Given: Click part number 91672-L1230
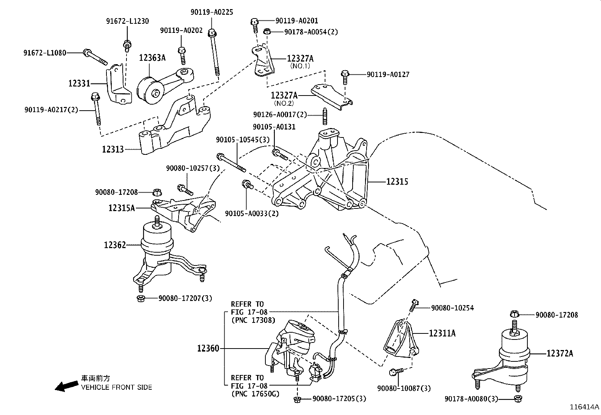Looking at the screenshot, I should pyautogui.click(x=127, y=22).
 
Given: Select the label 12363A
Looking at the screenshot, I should pyautogui.click(x=152, y=58).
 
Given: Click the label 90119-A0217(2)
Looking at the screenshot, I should pyautogui.click(x=51, y=110).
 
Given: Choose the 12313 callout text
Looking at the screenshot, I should pyautogui.click(x=113, y=150).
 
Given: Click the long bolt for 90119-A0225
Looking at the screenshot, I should pyautogui.click(x=214, y=53).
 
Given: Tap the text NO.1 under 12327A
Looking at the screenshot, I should pyautogui.click(x=300, y=66).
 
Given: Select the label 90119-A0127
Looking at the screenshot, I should pyautogui.click(x=388, y=74).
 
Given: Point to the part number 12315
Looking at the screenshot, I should pyautogui.click(x=397, y=182).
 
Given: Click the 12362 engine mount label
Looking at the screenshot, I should pyautogui.click(x=115, y=245).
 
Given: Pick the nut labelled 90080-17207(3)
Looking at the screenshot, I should pyautogui.click(x=140, y=299).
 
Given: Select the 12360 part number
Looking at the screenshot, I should pyautogui.click(x=208, y=348).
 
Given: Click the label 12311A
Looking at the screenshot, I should pyautogui.click(x=442, y=333).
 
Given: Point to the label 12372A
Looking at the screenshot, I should pyautogui.click(x=560, y=353).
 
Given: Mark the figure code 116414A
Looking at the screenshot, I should pyautogui.click(x=584, y=407).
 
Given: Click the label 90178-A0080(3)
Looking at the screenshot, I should pyautogui.click(x=471, y=398).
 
